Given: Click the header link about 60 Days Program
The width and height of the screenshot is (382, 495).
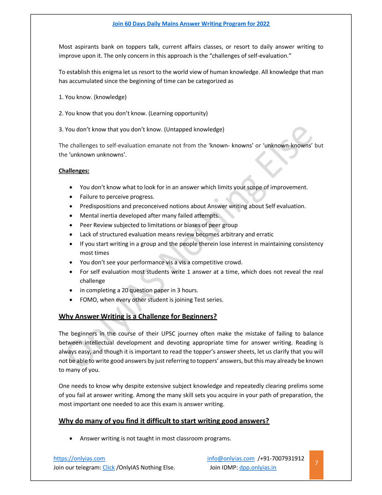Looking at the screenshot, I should point(191,24).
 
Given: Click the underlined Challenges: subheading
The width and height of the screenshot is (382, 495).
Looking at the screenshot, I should point(74,171).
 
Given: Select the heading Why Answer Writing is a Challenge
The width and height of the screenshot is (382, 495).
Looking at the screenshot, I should point(138,316).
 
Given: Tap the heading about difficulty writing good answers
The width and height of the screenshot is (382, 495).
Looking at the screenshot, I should point(164,421).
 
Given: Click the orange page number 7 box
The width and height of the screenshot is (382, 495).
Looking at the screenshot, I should point(316,463).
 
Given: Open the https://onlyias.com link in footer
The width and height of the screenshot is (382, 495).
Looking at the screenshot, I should point(79,458).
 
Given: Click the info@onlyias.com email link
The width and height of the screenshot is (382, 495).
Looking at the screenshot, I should point(231,458).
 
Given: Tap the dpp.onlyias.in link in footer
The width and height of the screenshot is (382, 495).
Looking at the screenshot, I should point(257,467).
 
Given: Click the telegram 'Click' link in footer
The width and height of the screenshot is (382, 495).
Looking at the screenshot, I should point(109,467).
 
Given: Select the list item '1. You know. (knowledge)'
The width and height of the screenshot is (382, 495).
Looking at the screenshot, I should point(93,97).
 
